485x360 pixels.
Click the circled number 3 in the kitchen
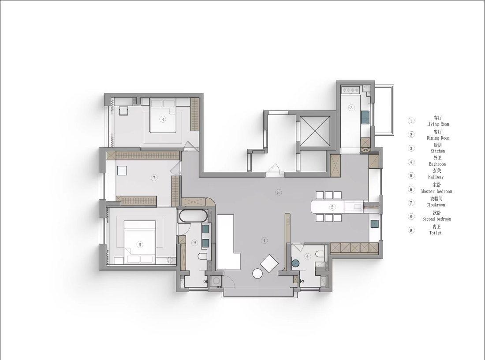point(351,108)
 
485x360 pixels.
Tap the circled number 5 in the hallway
point(278,193)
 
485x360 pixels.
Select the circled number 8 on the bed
point(163,119)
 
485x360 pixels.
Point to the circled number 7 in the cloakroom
point(154,178)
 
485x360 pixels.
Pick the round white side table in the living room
point(257,274)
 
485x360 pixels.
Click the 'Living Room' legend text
point(437,124)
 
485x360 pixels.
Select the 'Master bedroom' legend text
point(436,192)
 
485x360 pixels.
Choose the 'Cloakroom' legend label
point(436,205)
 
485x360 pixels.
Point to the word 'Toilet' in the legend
point(436,233)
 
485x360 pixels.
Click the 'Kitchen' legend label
point(438,151)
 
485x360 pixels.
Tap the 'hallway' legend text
point(436,177)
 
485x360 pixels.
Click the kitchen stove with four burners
point(350,90)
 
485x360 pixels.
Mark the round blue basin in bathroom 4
point(296,263)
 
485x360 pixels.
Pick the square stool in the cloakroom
point(121,171)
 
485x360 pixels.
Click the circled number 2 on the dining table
point(332,207)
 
